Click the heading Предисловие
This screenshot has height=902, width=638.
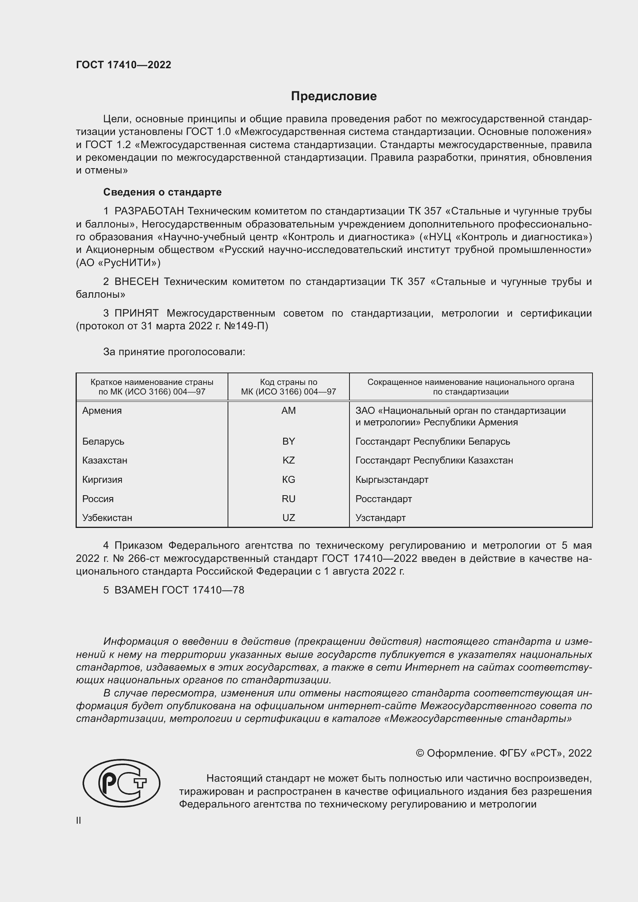(x=334, y=96)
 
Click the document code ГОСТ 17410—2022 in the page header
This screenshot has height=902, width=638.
(x=123, y=65)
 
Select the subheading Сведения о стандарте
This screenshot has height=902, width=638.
(x=162, y=192)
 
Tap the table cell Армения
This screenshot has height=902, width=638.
(x=102, y=411)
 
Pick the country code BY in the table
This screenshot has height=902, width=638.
(x=289, y=441)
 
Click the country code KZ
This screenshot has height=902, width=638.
(x=289, y=460)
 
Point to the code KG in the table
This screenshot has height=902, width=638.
(x=289, y=479)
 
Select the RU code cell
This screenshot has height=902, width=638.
(x=289, y=499)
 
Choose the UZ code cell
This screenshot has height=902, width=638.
(x=289, y=518)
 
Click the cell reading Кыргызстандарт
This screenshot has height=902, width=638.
(x=392, y=479)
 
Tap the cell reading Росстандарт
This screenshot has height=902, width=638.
(x=383, y=499)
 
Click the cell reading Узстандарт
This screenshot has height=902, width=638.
(x=380, y=518)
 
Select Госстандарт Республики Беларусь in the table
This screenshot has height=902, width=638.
(x=432, y=441)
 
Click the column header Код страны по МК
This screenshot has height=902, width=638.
(x=289, y=386)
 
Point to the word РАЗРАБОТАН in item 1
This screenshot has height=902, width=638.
(x=149, y=211)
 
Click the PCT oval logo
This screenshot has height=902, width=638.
(x=122, y=783)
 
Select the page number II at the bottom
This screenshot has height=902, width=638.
(x=79, y=820)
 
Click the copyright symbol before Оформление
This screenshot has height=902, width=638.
(x=420, y=753)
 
